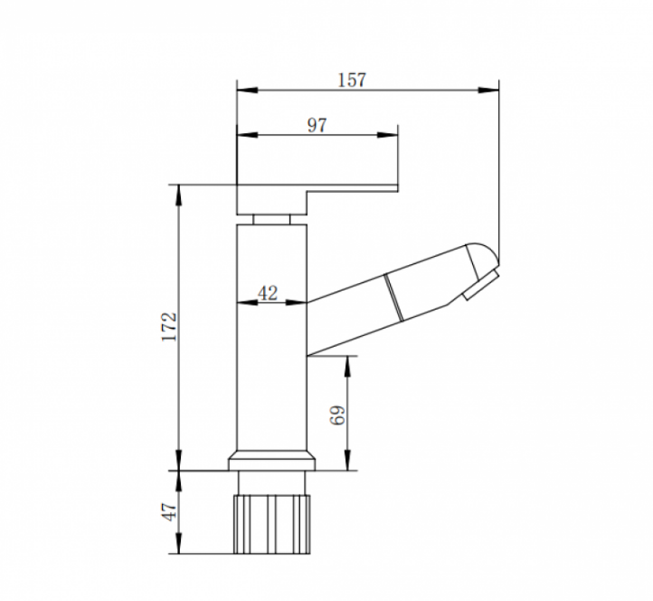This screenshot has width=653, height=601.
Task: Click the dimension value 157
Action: (352, 80)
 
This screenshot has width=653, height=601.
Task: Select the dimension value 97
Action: (317, 125)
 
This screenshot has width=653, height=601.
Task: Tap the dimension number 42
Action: (268, 293)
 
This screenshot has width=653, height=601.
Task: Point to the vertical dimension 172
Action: (169, 327)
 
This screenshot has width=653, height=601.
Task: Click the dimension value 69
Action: (337, 415)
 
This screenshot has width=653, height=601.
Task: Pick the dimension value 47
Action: (169, 511)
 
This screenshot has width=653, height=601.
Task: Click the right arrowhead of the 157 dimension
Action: (488, 90)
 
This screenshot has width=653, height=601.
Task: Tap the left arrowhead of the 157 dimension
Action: (248, 90)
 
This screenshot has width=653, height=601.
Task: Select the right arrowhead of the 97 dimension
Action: (387, 135)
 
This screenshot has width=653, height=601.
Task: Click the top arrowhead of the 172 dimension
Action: (179, 196)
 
